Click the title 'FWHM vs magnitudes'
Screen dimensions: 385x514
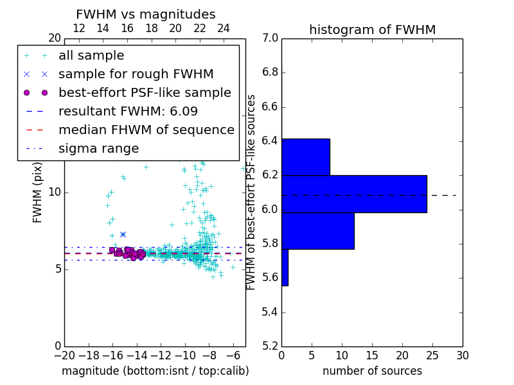pos(146,14)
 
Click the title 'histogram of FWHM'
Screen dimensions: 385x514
pos(372,30)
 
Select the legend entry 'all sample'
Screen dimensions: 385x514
pos(91,56)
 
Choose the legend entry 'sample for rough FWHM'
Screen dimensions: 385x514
pos(136,74)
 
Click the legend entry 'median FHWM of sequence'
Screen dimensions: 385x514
pos(146,130)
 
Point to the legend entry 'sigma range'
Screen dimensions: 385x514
pos(98,148)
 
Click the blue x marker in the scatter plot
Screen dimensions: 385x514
pos(123,234)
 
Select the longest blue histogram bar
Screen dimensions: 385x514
pos(354,194)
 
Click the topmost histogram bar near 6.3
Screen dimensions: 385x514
pos(305,157)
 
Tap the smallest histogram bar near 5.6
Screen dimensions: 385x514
pos(285,267)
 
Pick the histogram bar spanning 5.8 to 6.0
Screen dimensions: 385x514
pos(317,230)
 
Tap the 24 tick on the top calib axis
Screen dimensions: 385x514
pos(224,28)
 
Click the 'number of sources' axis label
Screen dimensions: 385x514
pos(372,371)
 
